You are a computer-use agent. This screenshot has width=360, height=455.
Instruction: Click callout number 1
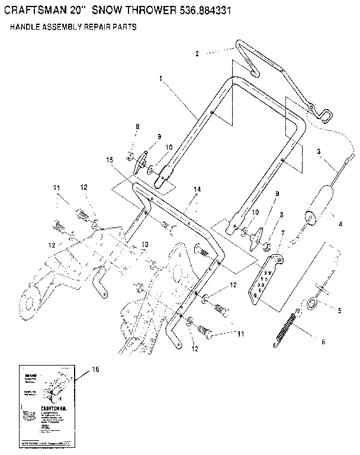click(x=160, y=78)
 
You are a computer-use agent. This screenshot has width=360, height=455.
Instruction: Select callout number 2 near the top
click(x=197, y=53)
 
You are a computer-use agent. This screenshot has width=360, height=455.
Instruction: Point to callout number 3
click(x=319, y=151)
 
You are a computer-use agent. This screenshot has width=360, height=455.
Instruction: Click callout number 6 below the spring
click(x=322, y=342)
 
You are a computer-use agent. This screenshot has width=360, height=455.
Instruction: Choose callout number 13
click(x=144, y=245)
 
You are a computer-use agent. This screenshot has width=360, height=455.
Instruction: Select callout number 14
click(x=197, y=189)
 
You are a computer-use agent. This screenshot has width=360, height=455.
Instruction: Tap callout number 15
click(x=109, y=160)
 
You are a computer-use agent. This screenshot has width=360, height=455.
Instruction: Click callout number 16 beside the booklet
click(x=96, y=369)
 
